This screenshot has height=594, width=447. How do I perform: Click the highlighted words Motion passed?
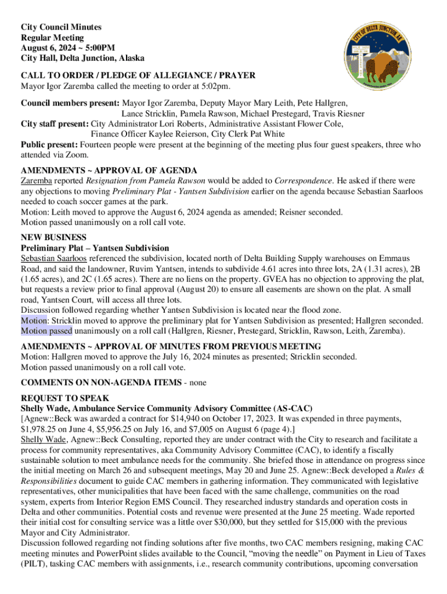(x=46, y=331)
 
